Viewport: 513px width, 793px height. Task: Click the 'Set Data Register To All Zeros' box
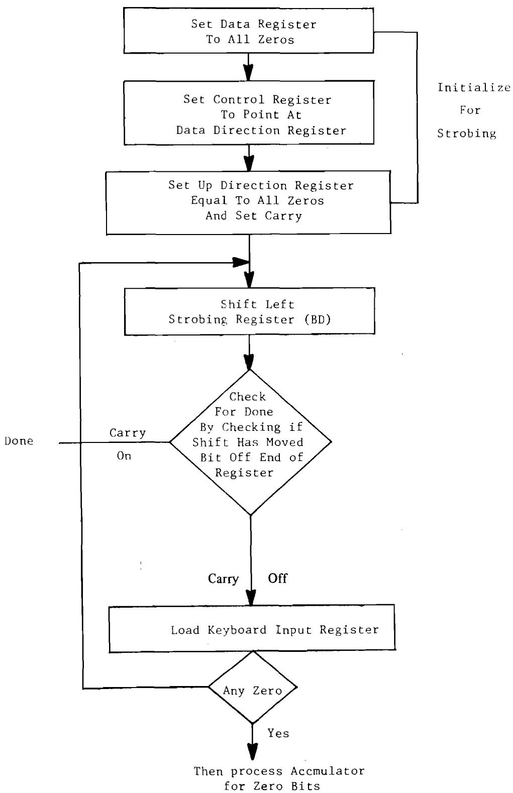(249, 32)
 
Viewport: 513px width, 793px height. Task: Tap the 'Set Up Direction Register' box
(249, 201)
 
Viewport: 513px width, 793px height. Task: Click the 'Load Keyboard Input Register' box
(251, 629)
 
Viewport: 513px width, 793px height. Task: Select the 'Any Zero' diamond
(253, 690)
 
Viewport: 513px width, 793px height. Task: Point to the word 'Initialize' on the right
(474, 88)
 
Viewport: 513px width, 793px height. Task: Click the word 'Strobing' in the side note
(467, 133)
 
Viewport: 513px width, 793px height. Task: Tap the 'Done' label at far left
(19, 441)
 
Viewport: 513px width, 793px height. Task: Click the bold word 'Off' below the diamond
(277, 578)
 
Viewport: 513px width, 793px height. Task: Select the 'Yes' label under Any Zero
(278, 733)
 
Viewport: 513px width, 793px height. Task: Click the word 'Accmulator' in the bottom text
(327, 771)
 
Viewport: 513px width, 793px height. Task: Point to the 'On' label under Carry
(124, 456)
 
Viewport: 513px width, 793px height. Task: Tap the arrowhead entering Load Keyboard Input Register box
(250, 598)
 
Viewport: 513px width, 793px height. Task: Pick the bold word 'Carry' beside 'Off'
(223, 579)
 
